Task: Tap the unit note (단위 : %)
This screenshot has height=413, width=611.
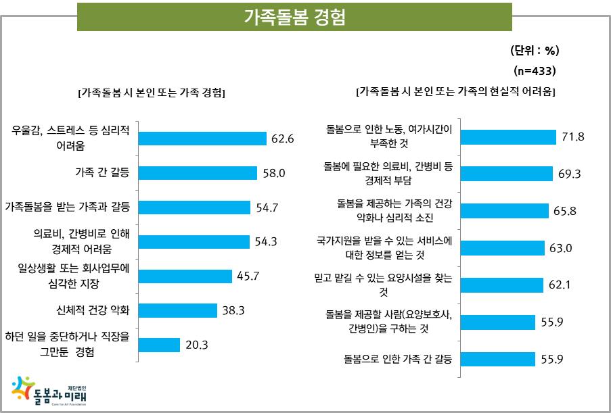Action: [534, 51]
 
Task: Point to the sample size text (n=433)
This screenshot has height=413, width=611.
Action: [535, 70]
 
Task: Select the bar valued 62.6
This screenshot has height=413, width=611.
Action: [202, 139]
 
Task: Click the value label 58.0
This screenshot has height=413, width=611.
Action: [275, 173]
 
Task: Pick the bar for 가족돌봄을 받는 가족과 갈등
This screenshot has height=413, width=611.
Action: [194, 207]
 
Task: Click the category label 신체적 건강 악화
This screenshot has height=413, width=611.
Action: [93, 311]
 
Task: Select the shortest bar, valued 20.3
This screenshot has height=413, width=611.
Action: [159, 345]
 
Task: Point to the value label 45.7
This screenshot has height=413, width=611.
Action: [248, 276]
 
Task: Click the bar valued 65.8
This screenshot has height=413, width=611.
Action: [503, 211]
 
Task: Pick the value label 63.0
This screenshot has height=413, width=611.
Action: [561, 248]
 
